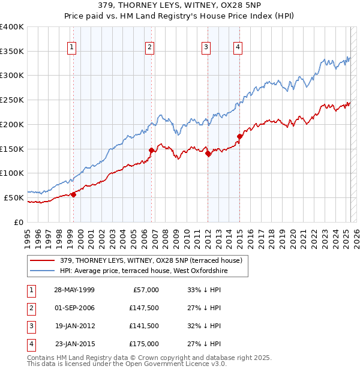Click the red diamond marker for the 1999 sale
click(74, 194)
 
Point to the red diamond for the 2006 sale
click(151, 150)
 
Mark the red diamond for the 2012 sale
click(208, 153)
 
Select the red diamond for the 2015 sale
click(240, 136)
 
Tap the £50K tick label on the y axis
click(14, 197)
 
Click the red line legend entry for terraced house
click(151, 260)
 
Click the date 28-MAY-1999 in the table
click(74, 290)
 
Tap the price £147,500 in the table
click(144, 308)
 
